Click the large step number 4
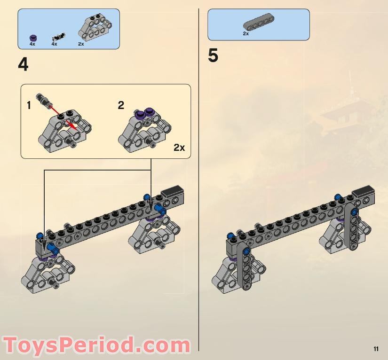(23, 64)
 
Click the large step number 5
(213, 56)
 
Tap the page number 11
(376, 349)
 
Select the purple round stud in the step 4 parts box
(32, 37)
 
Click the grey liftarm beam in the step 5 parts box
(259, 23)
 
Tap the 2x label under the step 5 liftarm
(245, 34)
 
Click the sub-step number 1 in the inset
(29, 106)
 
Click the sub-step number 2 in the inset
(121, 105)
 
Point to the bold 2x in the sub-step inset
(179, 148)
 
